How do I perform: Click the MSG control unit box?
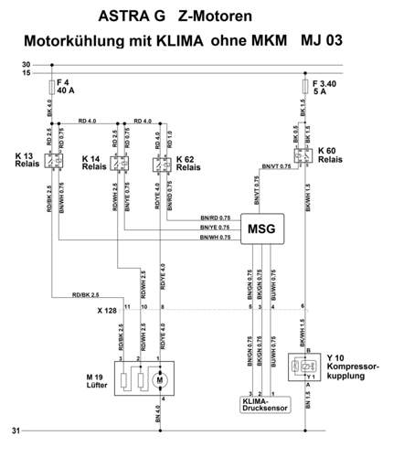pyautogui.click(x=261, y=228)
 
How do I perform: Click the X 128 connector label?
pyautogui.click(x=109, y=310)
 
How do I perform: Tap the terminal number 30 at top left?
pyautogui.click(x=27, y=64)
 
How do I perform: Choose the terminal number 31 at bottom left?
pyautogui.click(x=27, y=430)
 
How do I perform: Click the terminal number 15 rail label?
pyautogui.click(x=27, y=72)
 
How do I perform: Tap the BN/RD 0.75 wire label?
pyautogui.click(x=215, y=218)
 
